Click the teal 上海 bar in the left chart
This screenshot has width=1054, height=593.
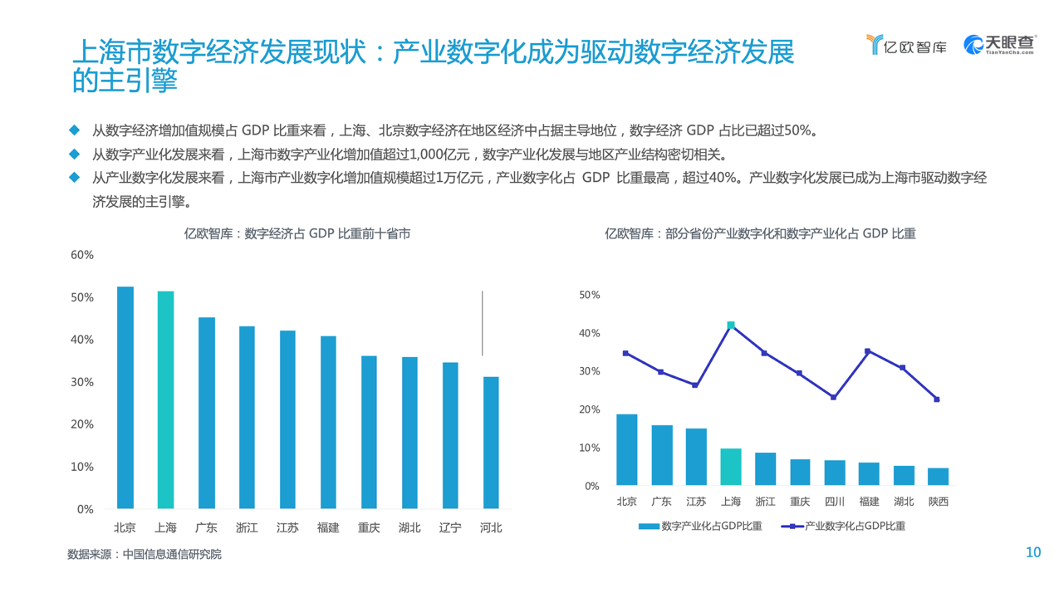165,399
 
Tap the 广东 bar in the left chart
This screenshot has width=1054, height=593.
206,413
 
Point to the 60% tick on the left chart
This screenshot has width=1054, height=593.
82,255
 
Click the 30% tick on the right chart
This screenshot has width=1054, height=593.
589,371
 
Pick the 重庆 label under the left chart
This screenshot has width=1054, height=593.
369,527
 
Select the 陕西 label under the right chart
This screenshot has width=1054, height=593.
938,502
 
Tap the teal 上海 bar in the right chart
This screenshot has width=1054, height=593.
731,467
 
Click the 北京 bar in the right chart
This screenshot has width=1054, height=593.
627,449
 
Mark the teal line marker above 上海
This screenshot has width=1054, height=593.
731,325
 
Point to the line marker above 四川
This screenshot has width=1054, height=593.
834,397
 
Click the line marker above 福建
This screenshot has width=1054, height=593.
868,351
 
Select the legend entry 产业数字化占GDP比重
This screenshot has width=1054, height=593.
843,526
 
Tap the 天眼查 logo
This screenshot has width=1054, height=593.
999,45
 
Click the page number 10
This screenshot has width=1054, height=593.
1033,553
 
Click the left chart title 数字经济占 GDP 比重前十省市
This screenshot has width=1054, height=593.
297,234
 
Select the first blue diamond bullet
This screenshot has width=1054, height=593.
74,130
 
